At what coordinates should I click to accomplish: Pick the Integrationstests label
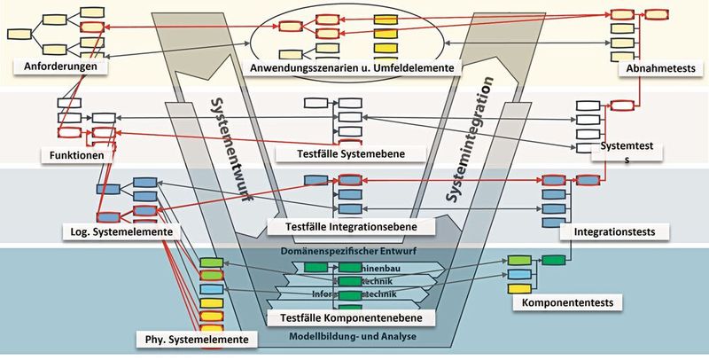click(613, 231)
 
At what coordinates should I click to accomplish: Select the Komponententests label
click(567, 302)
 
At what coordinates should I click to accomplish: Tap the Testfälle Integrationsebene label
click(352, 226)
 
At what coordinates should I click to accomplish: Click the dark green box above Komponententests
click(554, 260)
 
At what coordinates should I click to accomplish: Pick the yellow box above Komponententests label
click(518, 288)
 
